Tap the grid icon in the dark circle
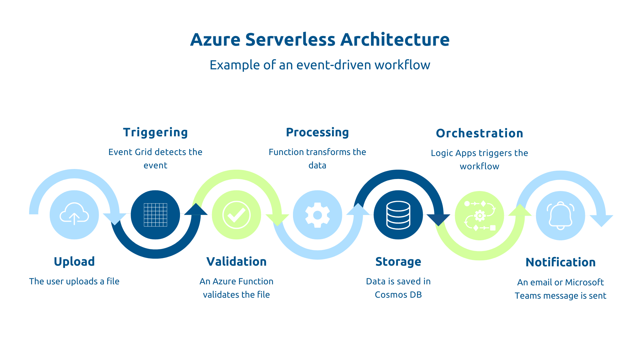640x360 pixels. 155,215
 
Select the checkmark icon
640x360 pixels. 236,215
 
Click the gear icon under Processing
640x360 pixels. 317,215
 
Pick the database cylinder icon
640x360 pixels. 398,215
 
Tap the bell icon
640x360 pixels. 560,216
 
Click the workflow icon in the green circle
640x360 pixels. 479,216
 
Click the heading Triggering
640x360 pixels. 155,132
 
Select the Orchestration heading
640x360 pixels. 479,133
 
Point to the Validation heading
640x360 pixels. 236,262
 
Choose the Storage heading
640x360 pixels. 398,262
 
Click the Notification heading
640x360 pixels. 560,262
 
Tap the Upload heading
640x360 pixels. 74,262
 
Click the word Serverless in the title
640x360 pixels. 290,40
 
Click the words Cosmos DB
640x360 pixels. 398,295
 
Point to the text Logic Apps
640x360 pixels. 453,153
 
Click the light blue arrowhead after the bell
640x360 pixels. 601,220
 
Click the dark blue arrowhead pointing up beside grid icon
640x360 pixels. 196,210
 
